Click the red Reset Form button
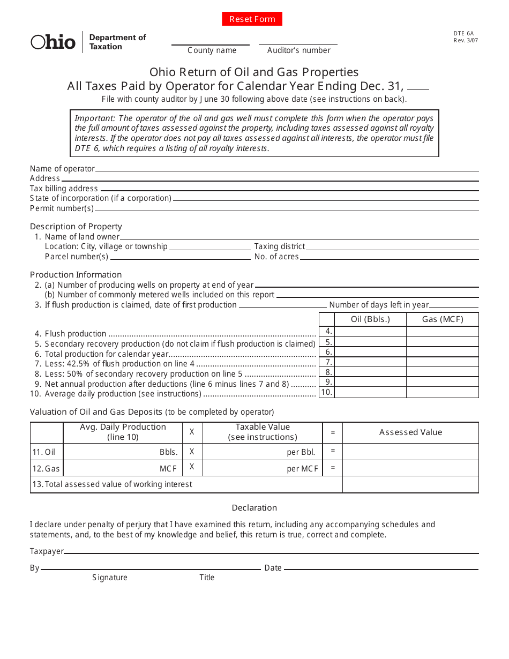pyautogui.click(x=252, y=19)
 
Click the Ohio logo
pyautogui.click(x=53, y=42)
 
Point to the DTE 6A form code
pyautogui.click(x=463, y=33)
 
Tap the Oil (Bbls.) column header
pyautogui.click(x=370, y=319)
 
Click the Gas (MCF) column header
pyautogui.click(x=442, y=319)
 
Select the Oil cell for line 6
pyautogui.click(x=370, y=352)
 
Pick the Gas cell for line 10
pyautogui.click(x=442, y=392)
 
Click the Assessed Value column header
pyautogui.click(x=410, y=432)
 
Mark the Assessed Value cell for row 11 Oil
pyautogui.click(x=410, y=452)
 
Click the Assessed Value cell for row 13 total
pyautogui.click(x=410, y=484)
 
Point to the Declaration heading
pyautogui.click(x=254, y=507)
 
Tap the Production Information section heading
pyautogui.click(x=76, y=274)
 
